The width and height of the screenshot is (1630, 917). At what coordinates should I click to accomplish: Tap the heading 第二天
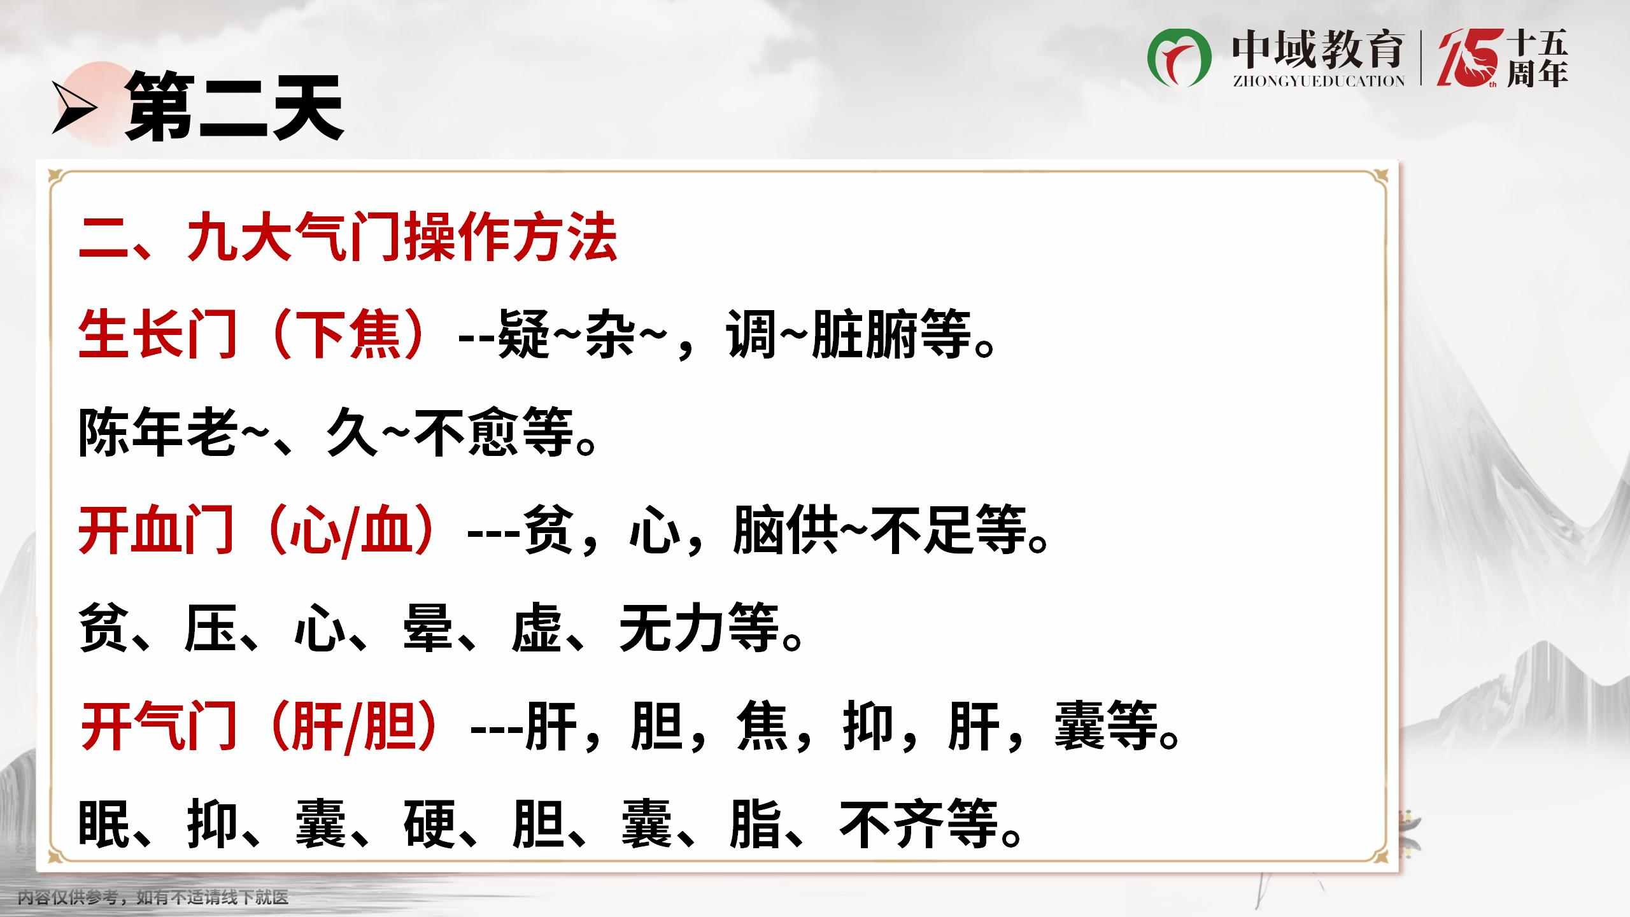[x=234, y=106]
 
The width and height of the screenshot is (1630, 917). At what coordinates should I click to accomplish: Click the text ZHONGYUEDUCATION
[x=1318, y=81]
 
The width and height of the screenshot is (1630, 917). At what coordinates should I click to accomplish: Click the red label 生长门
[x=158, y=334]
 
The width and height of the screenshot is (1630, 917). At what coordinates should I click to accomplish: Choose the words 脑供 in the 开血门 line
[x=785, y=530]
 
